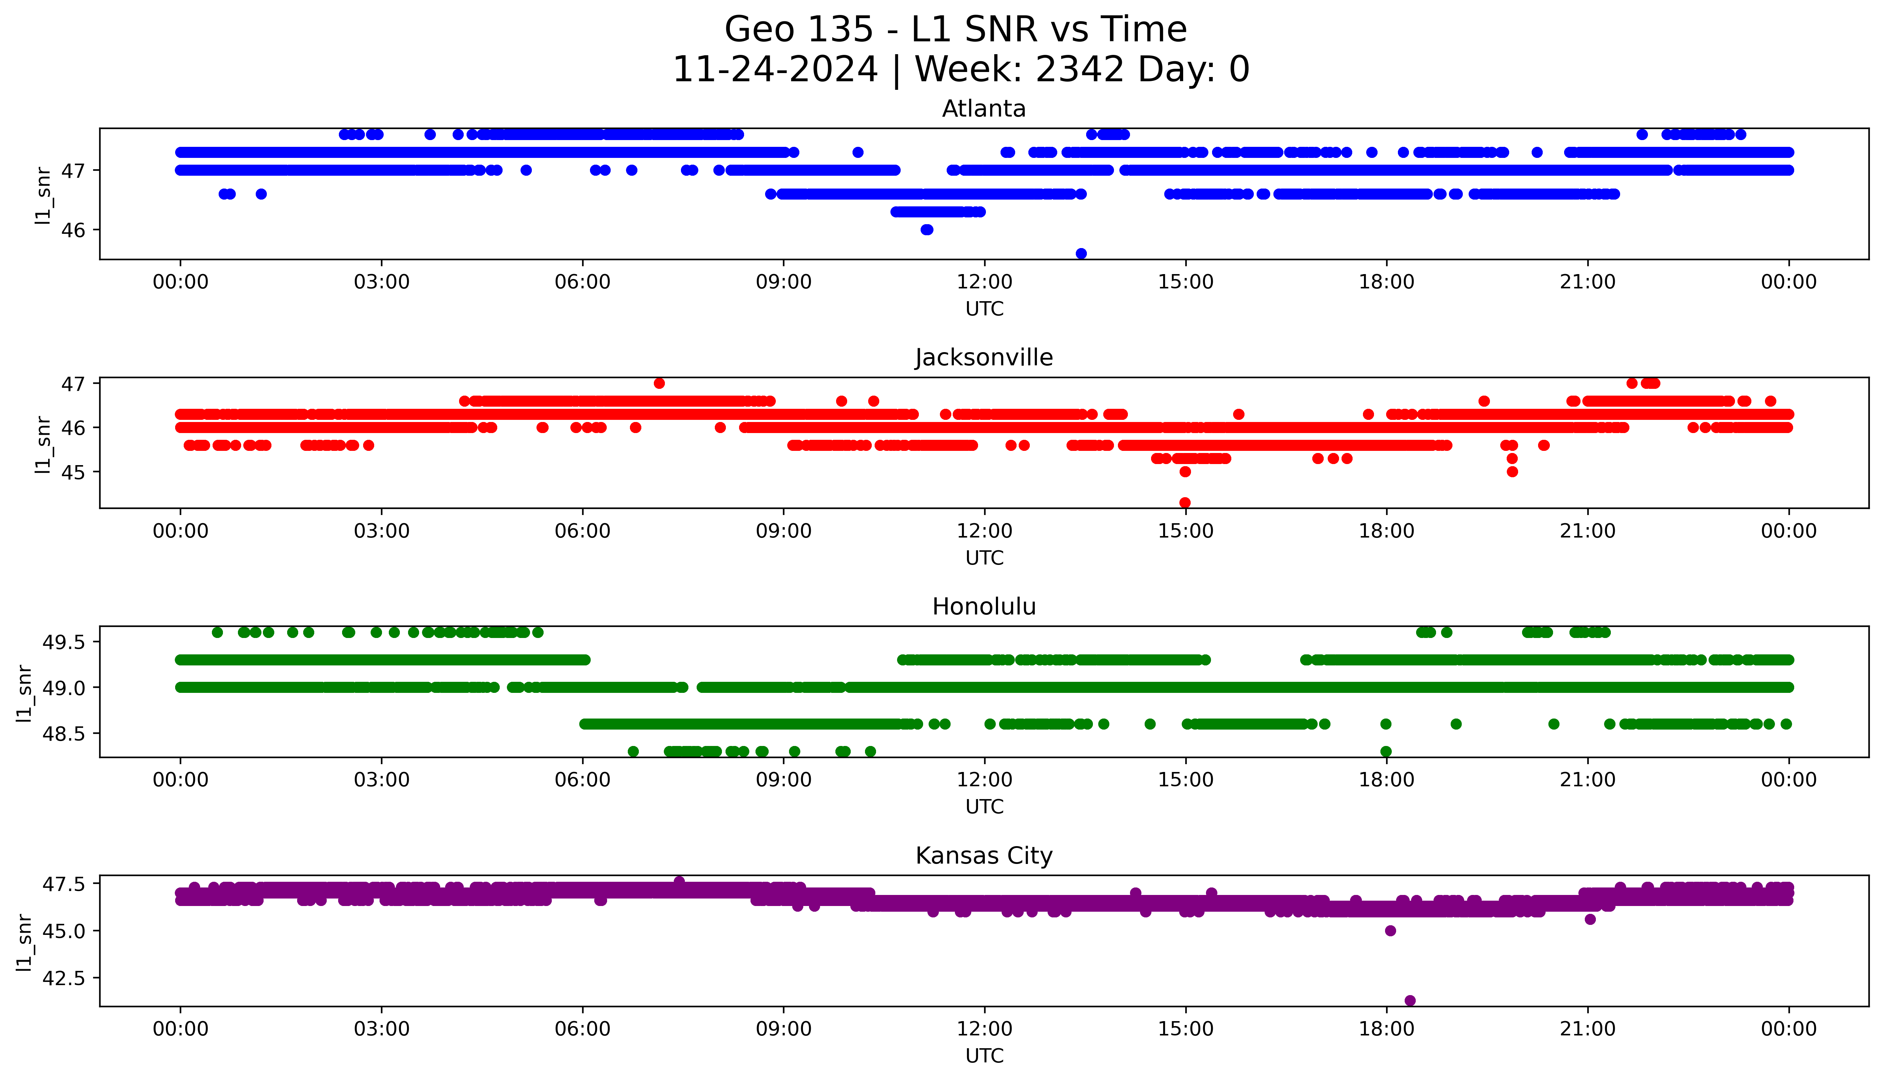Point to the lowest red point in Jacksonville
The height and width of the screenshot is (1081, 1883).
(1185, 503)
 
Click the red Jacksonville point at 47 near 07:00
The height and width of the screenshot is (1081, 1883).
(659, 383)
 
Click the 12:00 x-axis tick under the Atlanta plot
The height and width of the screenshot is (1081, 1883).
(984, 282)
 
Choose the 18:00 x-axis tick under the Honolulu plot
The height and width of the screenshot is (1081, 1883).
(1386, 779)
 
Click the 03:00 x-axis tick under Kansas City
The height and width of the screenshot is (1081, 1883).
(382, 1029)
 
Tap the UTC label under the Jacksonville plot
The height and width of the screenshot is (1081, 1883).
(984, 557)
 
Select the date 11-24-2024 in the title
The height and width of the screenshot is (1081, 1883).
(775, 70)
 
